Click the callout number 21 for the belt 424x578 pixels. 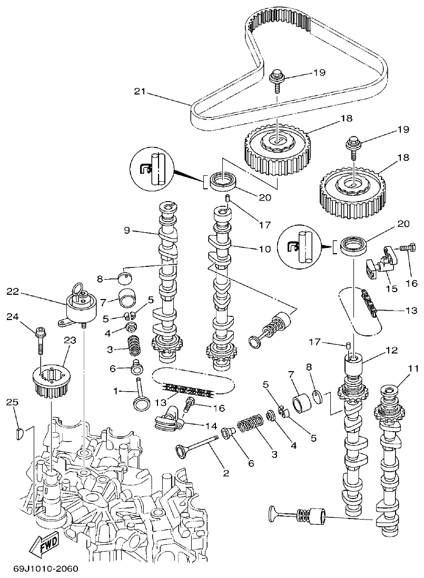[x=139, y=91]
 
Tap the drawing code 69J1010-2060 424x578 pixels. [x=45, y=569]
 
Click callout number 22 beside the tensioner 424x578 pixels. [x=13, y=291]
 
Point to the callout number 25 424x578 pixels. [x=13, y=402]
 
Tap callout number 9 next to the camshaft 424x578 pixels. [x=127, y=230]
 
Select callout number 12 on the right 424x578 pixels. [x=391, y=350]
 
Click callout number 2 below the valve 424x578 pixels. [x=225, y=473]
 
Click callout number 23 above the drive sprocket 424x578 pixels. [x=70, y=340]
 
